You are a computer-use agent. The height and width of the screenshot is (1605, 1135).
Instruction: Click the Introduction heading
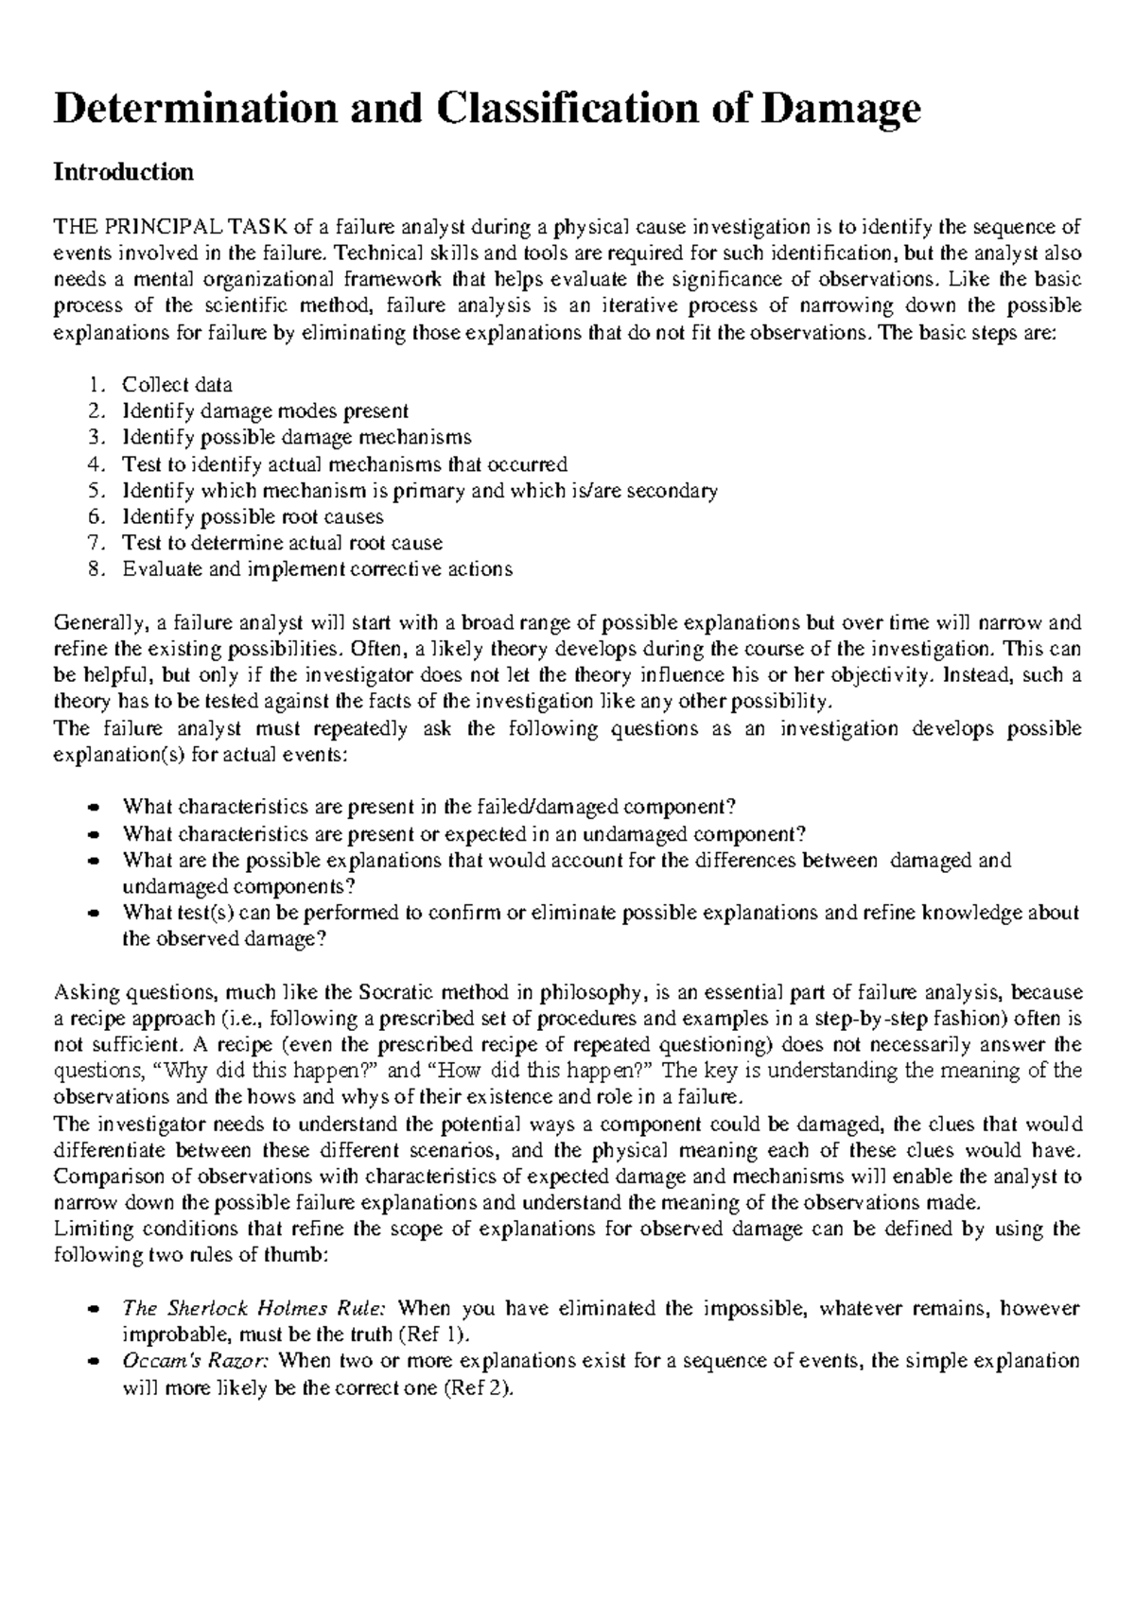coord(124,172)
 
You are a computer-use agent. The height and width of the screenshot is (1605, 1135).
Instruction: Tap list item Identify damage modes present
coord(265,411)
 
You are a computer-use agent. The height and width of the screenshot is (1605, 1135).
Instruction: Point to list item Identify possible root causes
coord(253,517)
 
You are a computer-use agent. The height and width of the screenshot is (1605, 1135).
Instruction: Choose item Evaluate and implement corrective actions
coord(317,569)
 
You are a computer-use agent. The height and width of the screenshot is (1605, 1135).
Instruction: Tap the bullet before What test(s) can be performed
coord(93,914)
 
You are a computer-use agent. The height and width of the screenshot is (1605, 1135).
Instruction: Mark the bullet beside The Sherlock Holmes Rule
coord(93,1310)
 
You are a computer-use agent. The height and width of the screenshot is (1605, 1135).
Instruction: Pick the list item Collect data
coord(177,385)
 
